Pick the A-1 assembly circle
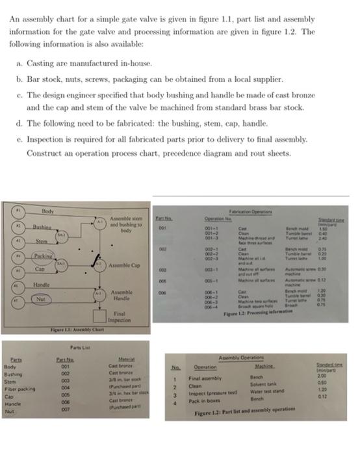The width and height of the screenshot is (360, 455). click(x=99, y=222)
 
